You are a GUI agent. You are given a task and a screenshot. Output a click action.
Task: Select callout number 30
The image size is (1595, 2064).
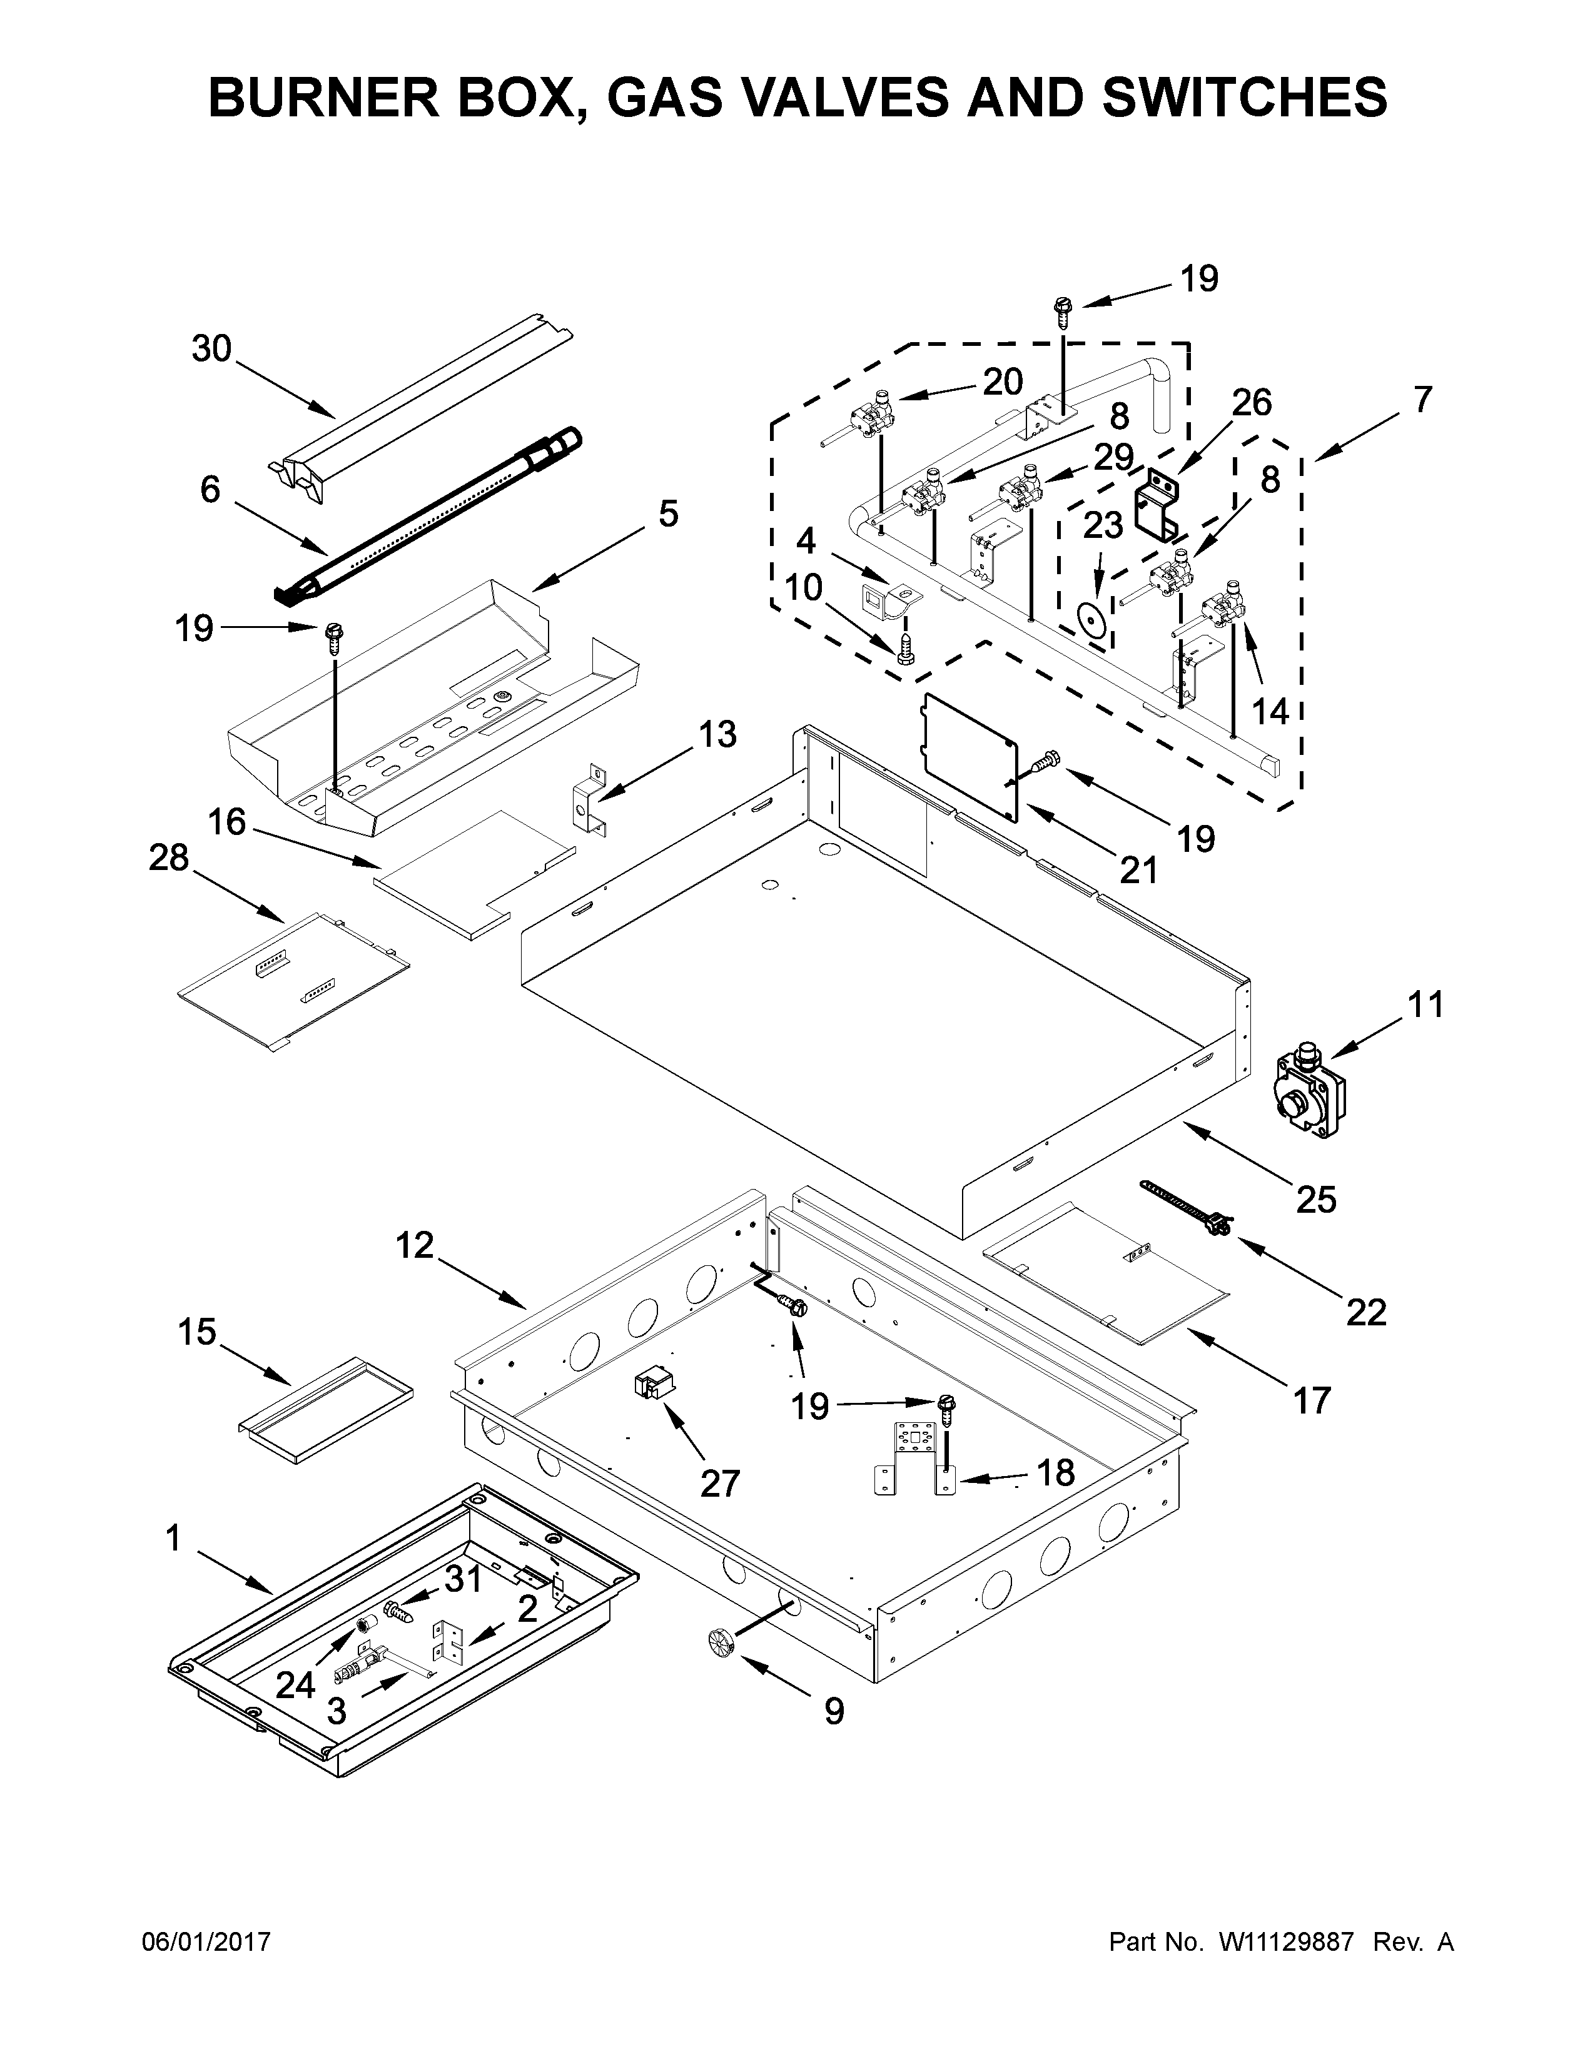[211, 349]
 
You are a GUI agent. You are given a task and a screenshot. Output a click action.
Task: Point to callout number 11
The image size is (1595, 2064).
[1425, 1004]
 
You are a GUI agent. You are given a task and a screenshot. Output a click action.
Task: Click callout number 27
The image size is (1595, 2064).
[719, 1483]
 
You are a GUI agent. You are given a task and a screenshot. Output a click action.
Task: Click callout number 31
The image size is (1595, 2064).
[463, 1579]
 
